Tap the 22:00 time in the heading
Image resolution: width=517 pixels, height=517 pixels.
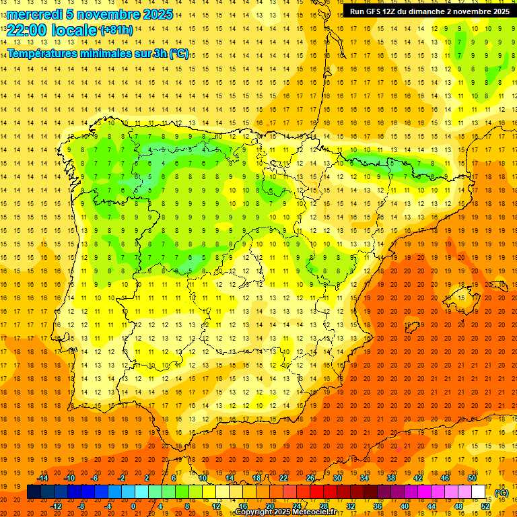pos(28,30)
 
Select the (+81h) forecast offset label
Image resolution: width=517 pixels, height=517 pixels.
pos(116,30)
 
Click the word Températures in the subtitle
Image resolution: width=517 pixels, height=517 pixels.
pos(46,54)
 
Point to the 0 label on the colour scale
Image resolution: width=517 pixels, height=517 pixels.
pos(133,506)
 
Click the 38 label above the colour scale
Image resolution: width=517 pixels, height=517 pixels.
pos(391,478)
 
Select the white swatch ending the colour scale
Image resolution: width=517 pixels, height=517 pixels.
pos(479,492)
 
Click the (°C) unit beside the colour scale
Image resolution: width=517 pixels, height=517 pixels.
pos(501,492)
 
